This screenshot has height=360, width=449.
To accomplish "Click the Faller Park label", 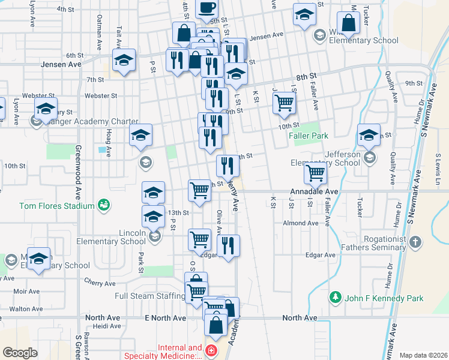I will [308, 136].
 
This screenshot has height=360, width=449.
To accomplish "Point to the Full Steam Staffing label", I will [149, 296].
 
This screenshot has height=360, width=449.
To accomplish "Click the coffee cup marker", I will [207, 8].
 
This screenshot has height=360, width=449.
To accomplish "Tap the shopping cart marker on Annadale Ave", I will [315, 173].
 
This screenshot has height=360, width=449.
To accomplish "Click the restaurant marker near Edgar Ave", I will [228, 245].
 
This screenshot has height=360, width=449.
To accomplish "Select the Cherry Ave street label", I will [95, 281].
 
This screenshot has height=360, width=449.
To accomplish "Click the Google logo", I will [20, 352].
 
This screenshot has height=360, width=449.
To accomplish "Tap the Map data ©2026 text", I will [423, 355].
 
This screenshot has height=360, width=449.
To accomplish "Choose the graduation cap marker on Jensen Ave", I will [125, 61].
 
